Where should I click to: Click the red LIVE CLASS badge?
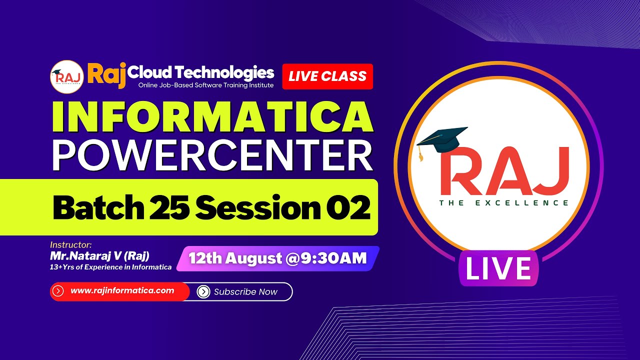point(327,76)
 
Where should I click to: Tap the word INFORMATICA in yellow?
point(213,118)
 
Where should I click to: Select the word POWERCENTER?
point(212,155)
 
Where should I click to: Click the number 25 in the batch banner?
point(167,208)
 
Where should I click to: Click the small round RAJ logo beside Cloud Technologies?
point(66,76)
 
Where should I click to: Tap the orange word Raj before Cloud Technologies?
point(106,74)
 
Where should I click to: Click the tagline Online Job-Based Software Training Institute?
point(206,85)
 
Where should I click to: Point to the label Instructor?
point(71,245)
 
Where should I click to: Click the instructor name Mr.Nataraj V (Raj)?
point(99,256)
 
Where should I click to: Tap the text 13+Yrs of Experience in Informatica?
point(110,267)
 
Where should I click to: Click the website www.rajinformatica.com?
point(122,290)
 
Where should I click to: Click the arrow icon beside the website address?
point(58,291)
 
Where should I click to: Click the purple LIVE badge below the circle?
point(498,269)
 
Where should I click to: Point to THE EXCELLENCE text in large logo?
point(504,203)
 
